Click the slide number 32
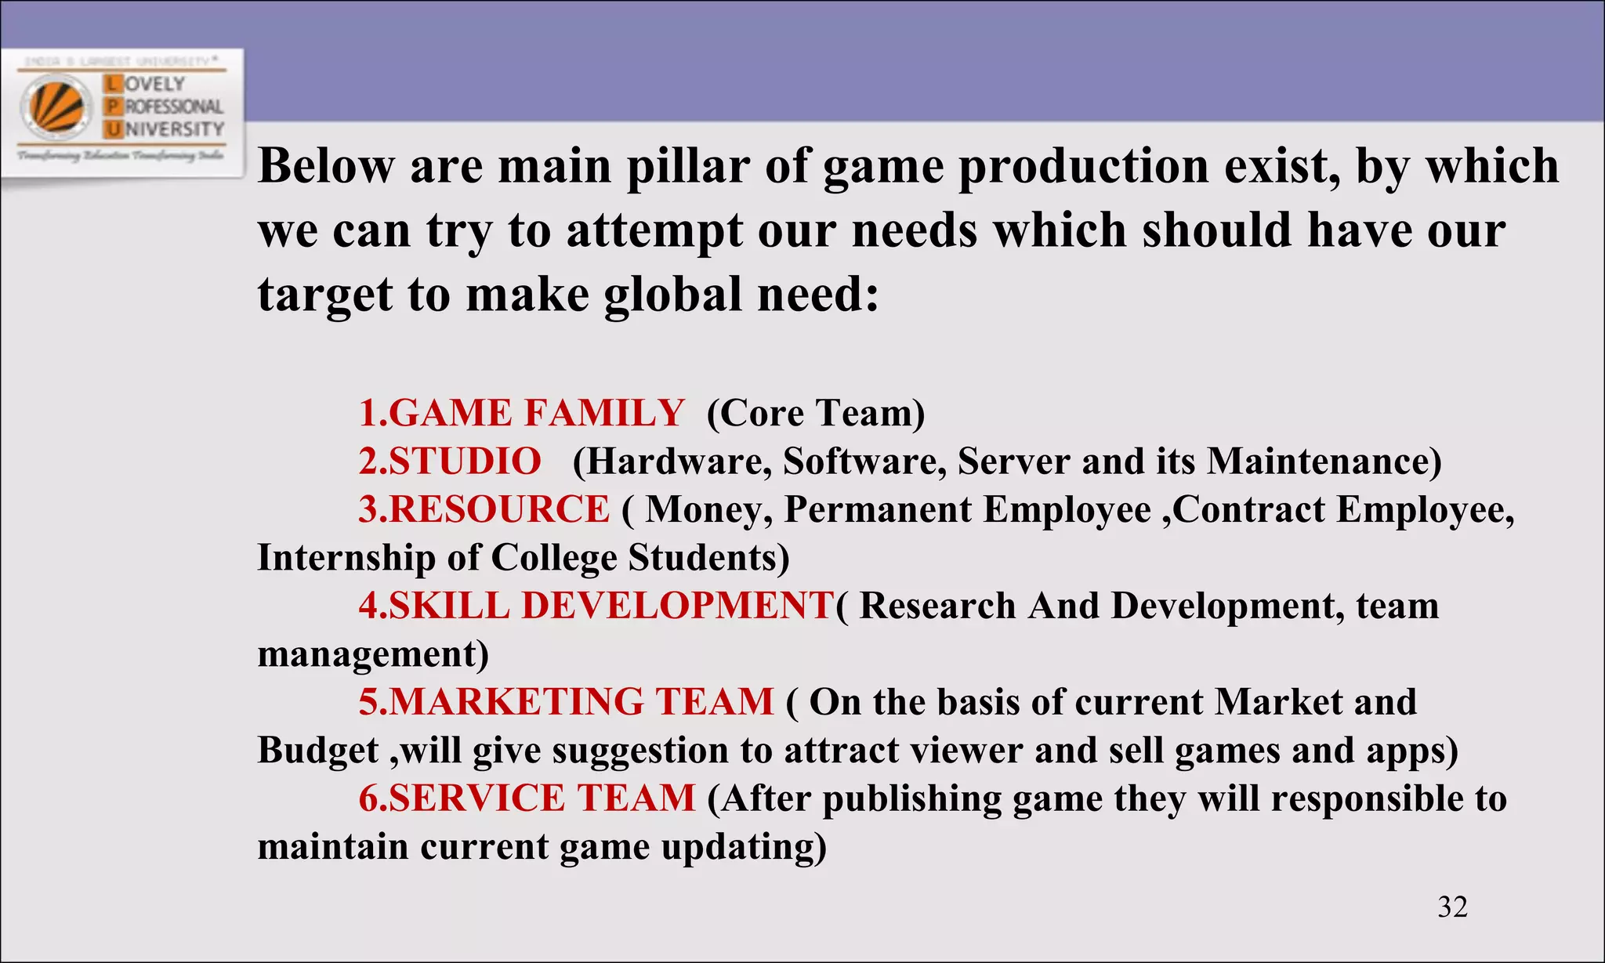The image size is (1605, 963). pos(1452,907)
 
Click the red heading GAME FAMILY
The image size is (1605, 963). pos(536,413)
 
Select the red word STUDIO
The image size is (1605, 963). pos(465,461)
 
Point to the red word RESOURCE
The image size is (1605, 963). pos(498,509)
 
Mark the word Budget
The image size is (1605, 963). pos(318,750)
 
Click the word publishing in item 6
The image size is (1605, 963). pos(911,799)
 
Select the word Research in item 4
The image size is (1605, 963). pos(937,606)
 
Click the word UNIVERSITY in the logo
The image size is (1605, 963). pos(174,129)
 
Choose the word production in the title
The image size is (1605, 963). pos(1083,166)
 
